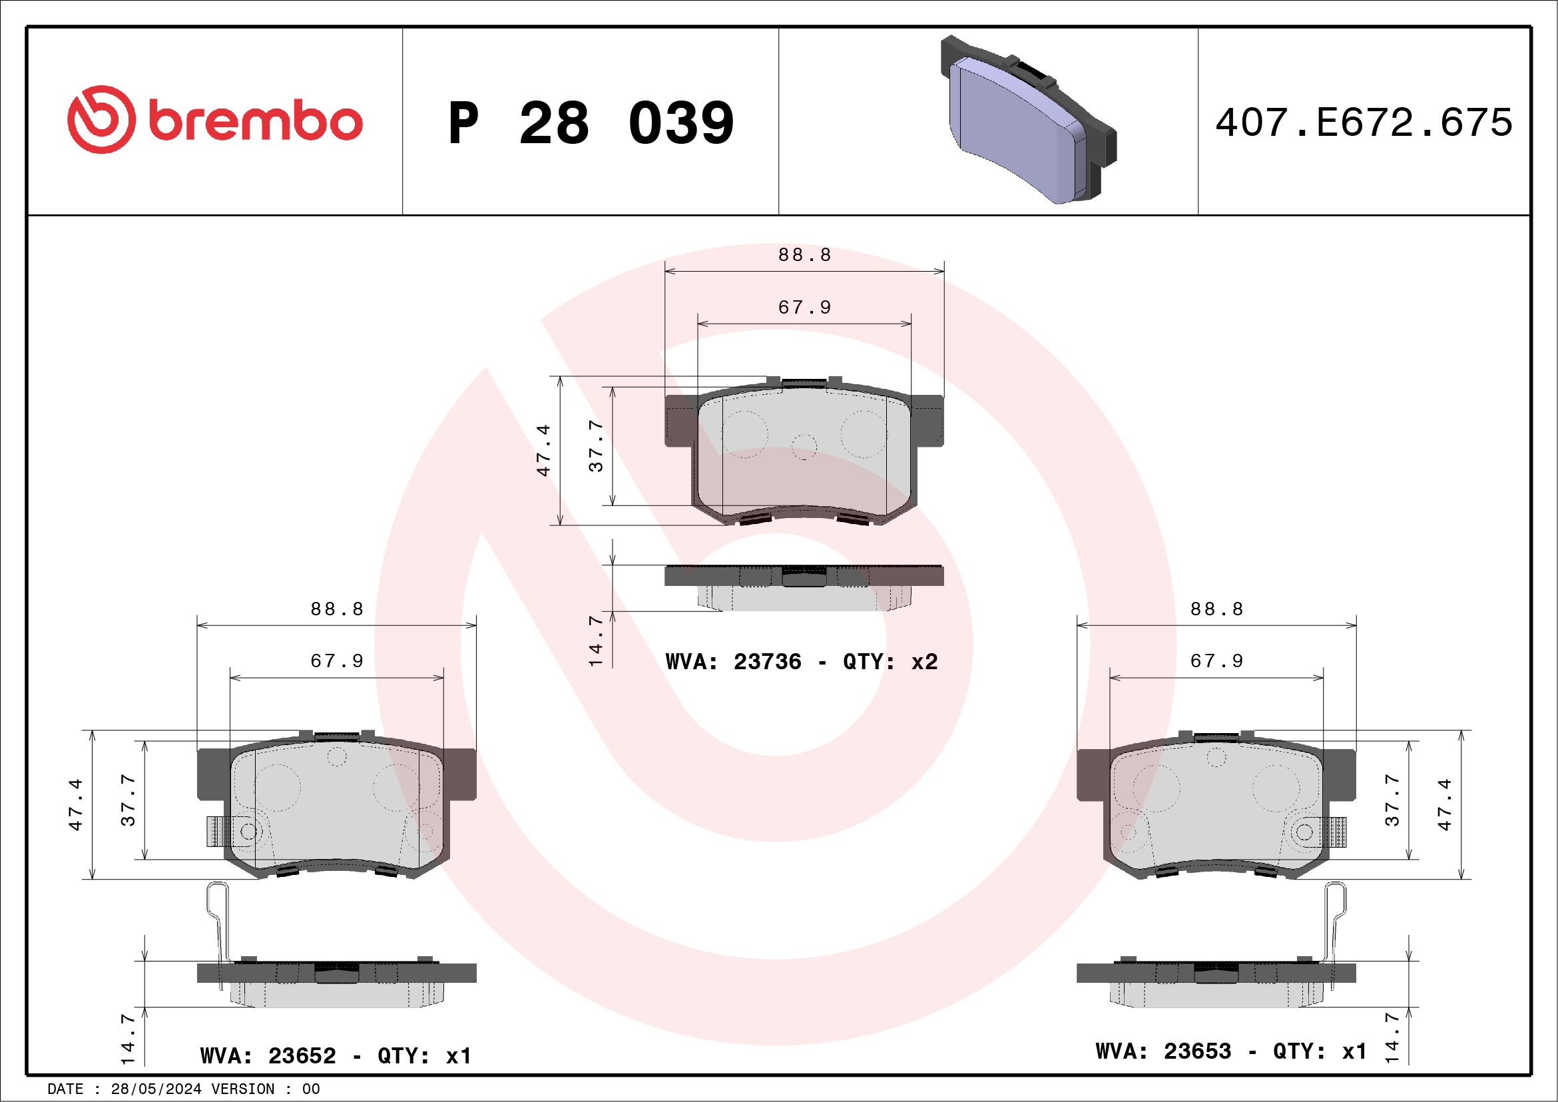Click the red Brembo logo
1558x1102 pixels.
(214, 119)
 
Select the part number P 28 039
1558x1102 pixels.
(591, 123)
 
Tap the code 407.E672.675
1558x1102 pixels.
(1364, 122)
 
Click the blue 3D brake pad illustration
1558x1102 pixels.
(1028, 119)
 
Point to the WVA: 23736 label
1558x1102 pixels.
(733, 661)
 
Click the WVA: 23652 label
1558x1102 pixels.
(268, 1055)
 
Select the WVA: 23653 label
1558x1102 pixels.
(1163, 1051)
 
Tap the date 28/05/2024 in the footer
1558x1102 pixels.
(156, 1089)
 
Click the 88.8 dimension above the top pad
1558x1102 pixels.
(804, 254)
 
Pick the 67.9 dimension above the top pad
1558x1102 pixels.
(804, 308)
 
